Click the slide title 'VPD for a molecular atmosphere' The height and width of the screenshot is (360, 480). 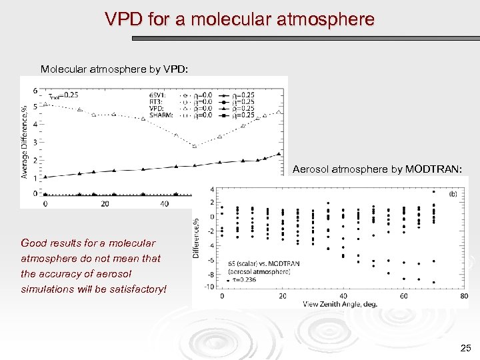tap(239, 19)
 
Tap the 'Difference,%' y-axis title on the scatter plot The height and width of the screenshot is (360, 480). tap(197, 237)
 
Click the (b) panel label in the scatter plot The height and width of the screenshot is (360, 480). tap(452, 194)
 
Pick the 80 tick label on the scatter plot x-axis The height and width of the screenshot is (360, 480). tap(464, 296)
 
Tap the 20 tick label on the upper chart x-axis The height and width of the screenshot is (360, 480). tap(105, 203)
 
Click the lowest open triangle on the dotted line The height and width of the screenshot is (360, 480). tap(195, 146)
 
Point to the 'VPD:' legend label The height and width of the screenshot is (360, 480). tap(157, 108)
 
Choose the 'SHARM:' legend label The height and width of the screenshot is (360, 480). tap(161, 115)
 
